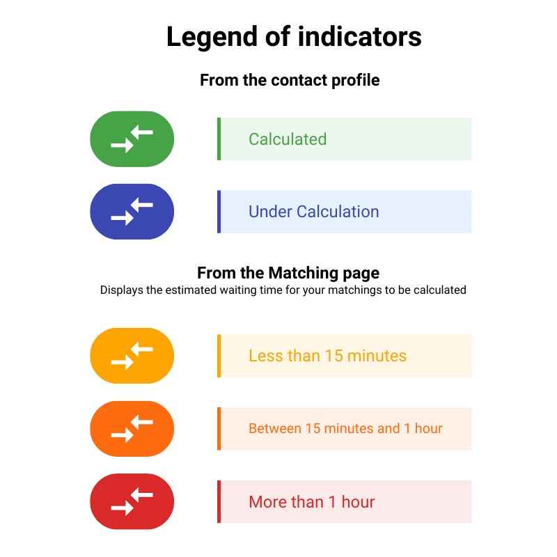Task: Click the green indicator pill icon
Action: click(132, 139)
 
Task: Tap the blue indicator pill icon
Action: click(132, 212)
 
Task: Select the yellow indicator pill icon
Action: click(132, 356)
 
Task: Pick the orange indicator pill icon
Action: click(132, 429)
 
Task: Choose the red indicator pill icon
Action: click(132, 501)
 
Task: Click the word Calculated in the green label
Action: click(288, 139)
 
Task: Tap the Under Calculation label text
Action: click(314, 212)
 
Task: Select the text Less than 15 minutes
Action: click(327, 356)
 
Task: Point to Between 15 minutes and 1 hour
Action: click(345, 428)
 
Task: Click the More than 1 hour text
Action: click(311, 502)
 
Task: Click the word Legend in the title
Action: click(212, 38)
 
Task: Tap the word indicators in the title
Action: click(360, 36)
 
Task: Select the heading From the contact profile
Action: click(290, 80)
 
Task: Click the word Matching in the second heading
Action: click(304, 274)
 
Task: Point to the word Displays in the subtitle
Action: click(121, 290)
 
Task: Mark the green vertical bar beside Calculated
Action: click(219, 139)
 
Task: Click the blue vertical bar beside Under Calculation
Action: click(219, 212)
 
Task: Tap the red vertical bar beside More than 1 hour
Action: click(219, 501)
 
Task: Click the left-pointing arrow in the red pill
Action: click(142, 495)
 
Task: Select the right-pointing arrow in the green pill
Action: click(123, 146)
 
